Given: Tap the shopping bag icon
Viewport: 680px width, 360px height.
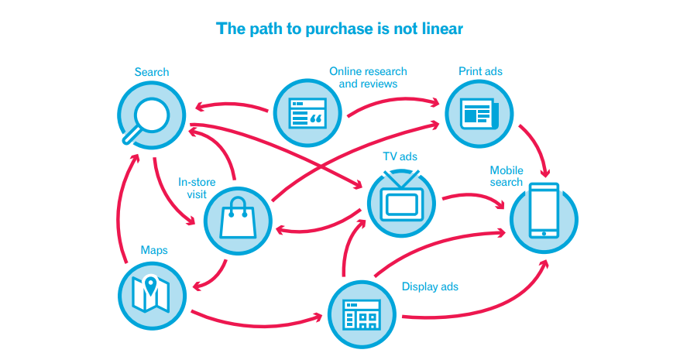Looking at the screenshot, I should pyautogui.click(x=237, y=220).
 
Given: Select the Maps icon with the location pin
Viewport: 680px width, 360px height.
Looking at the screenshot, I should pyautogui.click(x=152, y=294).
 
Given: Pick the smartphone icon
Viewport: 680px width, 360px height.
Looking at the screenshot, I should pyautogui.click(x=544, y=211).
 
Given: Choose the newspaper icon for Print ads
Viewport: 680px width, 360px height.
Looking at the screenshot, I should pyautogui.click(x=479, y=115).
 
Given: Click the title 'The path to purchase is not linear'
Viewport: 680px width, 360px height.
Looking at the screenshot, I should pyautogui.click(x=339, y=29).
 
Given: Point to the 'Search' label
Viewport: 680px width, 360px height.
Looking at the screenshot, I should pyautogui.click(x=152, y=72).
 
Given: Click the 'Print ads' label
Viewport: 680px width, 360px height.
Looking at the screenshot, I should pyautogui.click(x=480, y=71).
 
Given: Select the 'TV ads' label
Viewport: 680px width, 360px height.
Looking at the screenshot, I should pyautogui.click(x=400, y=156).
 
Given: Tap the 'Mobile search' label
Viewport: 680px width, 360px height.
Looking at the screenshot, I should pyautogui.click(x=507, y=177).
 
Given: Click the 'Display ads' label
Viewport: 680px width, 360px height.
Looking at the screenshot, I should pyautogui.click(x=430, y=286).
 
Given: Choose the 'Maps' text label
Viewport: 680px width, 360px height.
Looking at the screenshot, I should pyautogui.click(x=154, y=250).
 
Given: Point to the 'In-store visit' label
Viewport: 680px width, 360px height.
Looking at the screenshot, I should pyautogui.click(x=197, y=188).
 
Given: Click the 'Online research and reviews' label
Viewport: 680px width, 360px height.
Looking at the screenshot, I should pyautogui.click(x=368, y=77).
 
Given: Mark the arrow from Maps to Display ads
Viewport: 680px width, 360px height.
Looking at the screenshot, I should pyautogui.click(x=256, y=319).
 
